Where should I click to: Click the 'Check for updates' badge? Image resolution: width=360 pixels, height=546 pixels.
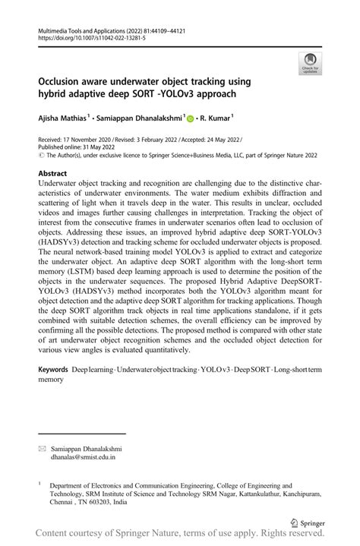point(309,63)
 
